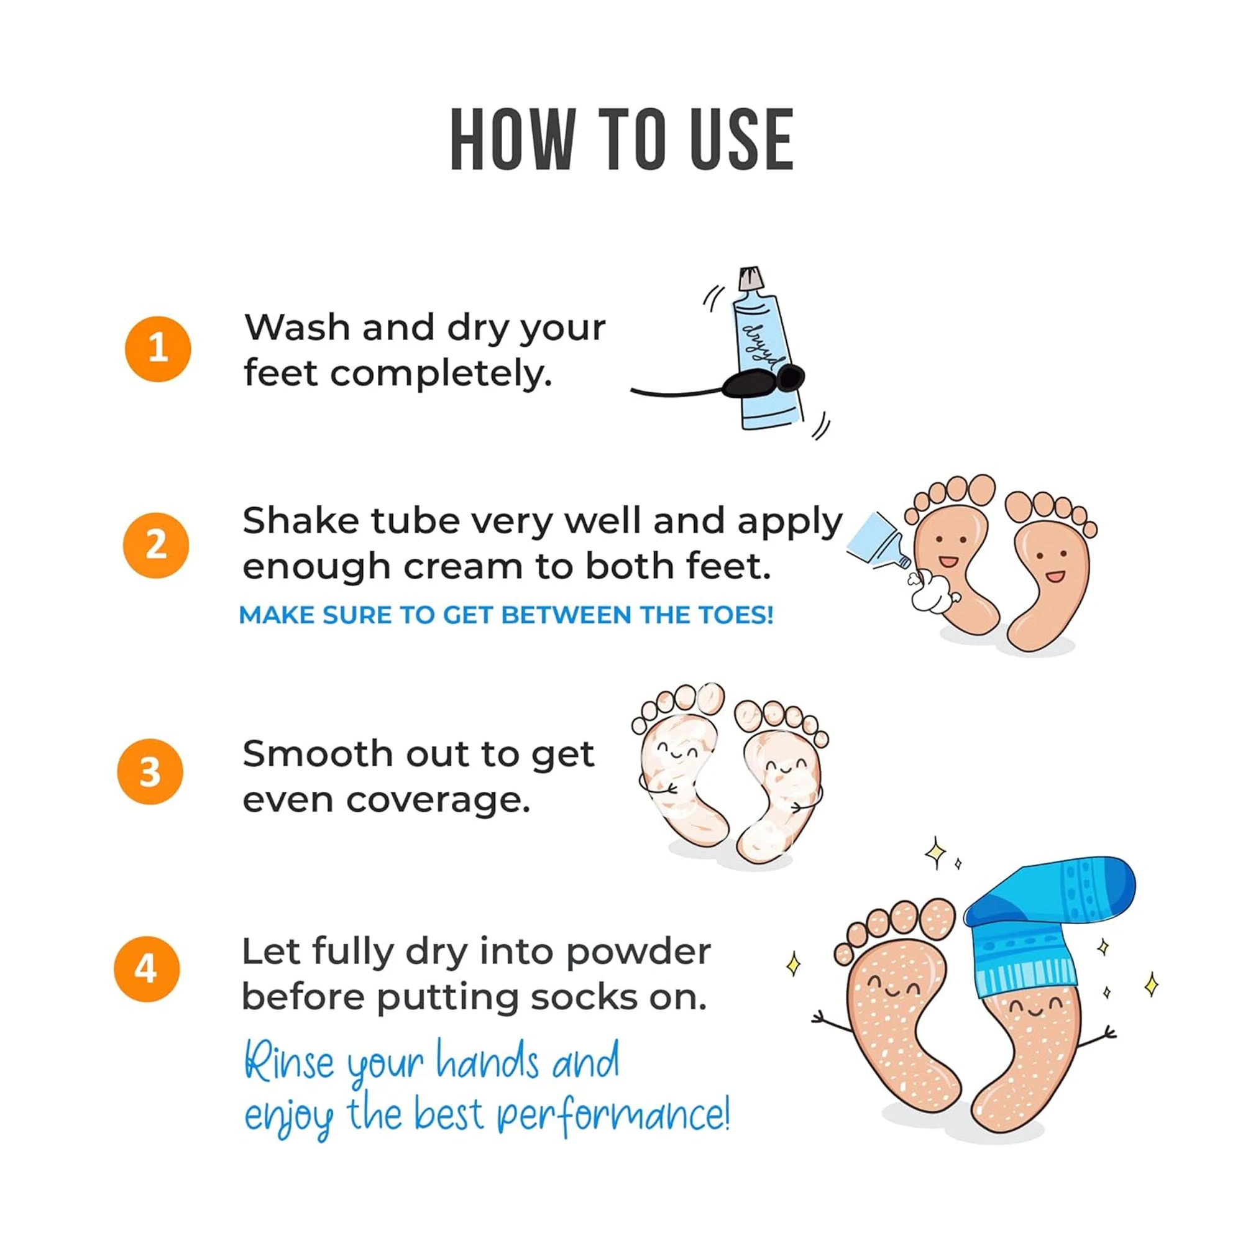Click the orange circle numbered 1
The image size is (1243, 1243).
coord(158,349)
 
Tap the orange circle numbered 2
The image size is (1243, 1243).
coord(156,545)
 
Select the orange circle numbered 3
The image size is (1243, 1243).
coord(150,771)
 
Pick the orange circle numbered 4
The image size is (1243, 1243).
coord(147,968)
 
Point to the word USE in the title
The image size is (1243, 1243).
coord(742,140)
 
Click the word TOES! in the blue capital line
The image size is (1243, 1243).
coord(736,615)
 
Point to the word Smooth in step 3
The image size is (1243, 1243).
coord(316,753)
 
